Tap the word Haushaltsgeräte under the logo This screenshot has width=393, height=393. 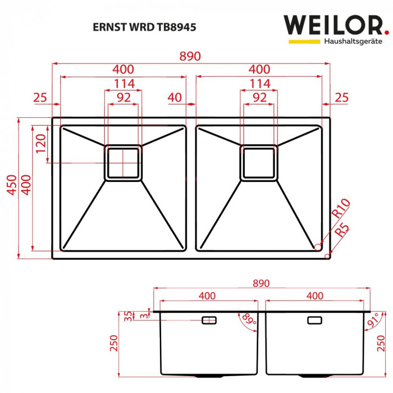(x=352, y=42)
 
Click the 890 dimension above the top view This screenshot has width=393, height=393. (x=190, y=57)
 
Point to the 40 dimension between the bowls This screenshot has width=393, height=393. (x=175, y=98)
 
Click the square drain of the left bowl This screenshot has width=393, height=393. (x=122, y=163)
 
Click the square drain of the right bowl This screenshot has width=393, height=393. (x=259, y=163)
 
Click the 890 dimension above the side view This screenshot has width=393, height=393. (x=262, y=284)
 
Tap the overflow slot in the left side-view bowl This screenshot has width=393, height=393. (x=209, y=320)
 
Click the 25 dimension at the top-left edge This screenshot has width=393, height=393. (x=40, y=98)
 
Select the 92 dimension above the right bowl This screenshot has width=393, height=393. (x=259, y=97)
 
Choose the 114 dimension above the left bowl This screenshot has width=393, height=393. (x=123, y=84)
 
